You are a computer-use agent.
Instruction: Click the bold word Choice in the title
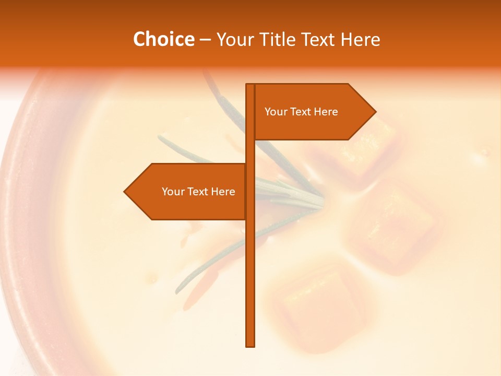[x=163, y=40]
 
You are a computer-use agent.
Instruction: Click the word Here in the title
[x=360, y=40]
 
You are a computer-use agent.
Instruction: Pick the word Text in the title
[x=318, y=40]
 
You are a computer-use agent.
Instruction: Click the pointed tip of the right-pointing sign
[x=375, y=111]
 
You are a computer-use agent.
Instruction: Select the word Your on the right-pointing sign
[x=276, y=112]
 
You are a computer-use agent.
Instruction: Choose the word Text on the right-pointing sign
[x=301, y=112]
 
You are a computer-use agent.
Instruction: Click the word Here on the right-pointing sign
[x=326, y=112]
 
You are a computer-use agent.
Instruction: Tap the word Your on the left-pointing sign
[x=173, y=192]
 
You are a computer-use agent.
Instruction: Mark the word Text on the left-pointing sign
[x=198, y=192]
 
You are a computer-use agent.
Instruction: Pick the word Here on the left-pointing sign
[x=223, y=192]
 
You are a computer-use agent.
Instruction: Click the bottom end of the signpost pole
[x=250, y=345]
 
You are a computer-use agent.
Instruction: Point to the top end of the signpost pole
[x=250, y=85]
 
